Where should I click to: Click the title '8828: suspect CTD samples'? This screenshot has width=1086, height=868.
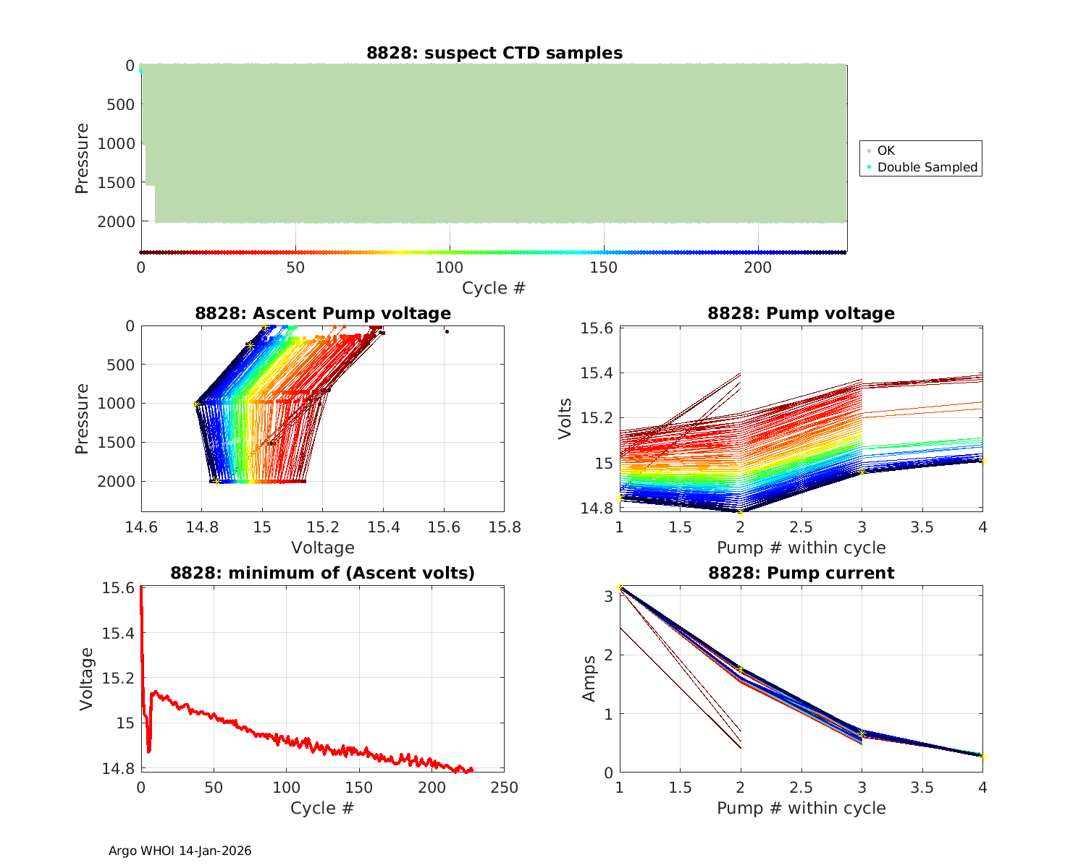point(494,53)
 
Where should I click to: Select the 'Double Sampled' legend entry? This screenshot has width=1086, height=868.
point(927,167)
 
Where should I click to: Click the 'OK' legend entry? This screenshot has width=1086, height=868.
point(885,150)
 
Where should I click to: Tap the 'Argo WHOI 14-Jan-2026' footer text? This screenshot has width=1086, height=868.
point(180,851)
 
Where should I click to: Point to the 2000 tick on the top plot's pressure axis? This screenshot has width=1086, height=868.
point(115,222)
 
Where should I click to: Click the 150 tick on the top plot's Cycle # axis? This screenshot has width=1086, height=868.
point(604,268)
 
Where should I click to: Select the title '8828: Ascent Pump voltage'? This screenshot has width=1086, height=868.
point(323,313)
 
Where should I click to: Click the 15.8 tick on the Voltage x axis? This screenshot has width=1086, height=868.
point(504,527)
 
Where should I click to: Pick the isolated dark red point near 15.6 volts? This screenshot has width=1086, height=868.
point(447,331)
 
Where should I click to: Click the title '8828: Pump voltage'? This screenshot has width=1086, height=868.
point(801,313)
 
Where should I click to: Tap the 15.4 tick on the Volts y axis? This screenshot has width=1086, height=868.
point(597,373)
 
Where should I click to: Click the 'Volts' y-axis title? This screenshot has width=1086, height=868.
point(565,419)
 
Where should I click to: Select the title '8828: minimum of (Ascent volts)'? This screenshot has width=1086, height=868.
point(323,573)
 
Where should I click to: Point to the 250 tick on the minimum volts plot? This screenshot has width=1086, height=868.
point(504,788)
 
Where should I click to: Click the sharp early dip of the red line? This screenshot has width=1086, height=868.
point(148,751)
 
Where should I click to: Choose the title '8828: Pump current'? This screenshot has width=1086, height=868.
point(801,573)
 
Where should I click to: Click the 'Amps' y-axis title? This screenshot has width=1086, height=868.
point(589,678)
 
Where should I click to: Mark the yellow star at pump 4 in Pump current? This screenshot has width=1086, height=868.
point(982,757)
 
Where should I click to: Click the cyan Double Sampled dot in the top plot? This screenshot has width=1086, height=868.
point(140,71)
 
